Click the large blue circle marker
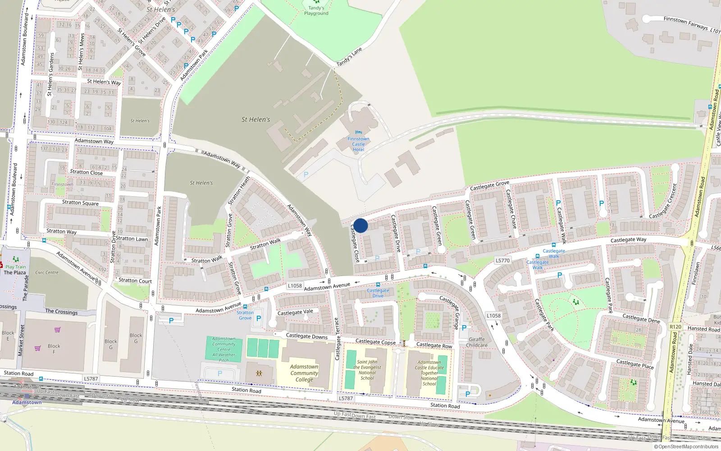pyautogui.click(x=360, y=225)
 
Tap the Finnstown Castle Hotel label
pyautogui.click(x=358, y=144)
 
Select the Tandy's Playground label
pyautogui.click(x=316, y=11)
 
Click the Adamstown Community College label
pyautogui.click(x=304, y=373)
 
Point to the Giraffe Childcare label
pyautogui.click(x=477, y=342)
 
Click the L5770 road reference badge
pyautogui.click(x=502, y=261)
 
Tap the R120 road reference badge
pyautogui.click(x=675, y=327)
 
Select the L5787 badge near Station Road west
pyautogui.click(x=91, y=379)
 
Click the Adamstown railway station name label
pyautogui.click(x=27, y=402)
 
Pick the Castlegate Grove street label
pyautogui.click(x=489, y=185)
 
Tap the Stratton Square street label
pyautogui.click(x=80, y=203)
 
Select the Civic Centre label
pyautogui.click(x=47, y=272)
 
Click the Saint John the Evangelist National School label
pyautogui.click(x=367, y=370)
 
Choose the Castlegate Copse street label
pyautogui.click(x=375, y=342)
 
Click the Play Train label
pyautogui.click(x=16, y=267)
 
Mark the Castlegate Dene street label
pyautogui.click(x=641, y=318)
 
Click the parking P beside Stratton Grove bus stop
pyautogui.click(x=259, y=318)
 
